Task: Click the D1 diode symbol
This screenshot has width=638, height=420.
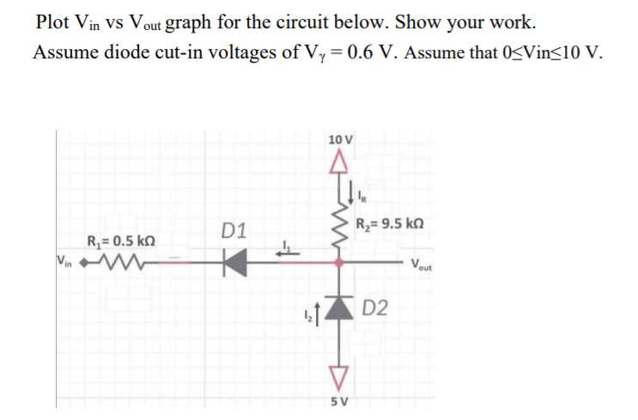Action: click(x=229, y=259)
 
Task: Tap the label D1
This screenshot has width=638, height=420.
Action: click(x=233, y=231)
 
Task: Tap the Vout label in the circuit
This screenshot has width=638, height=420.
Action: click(x=421, y=264)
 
